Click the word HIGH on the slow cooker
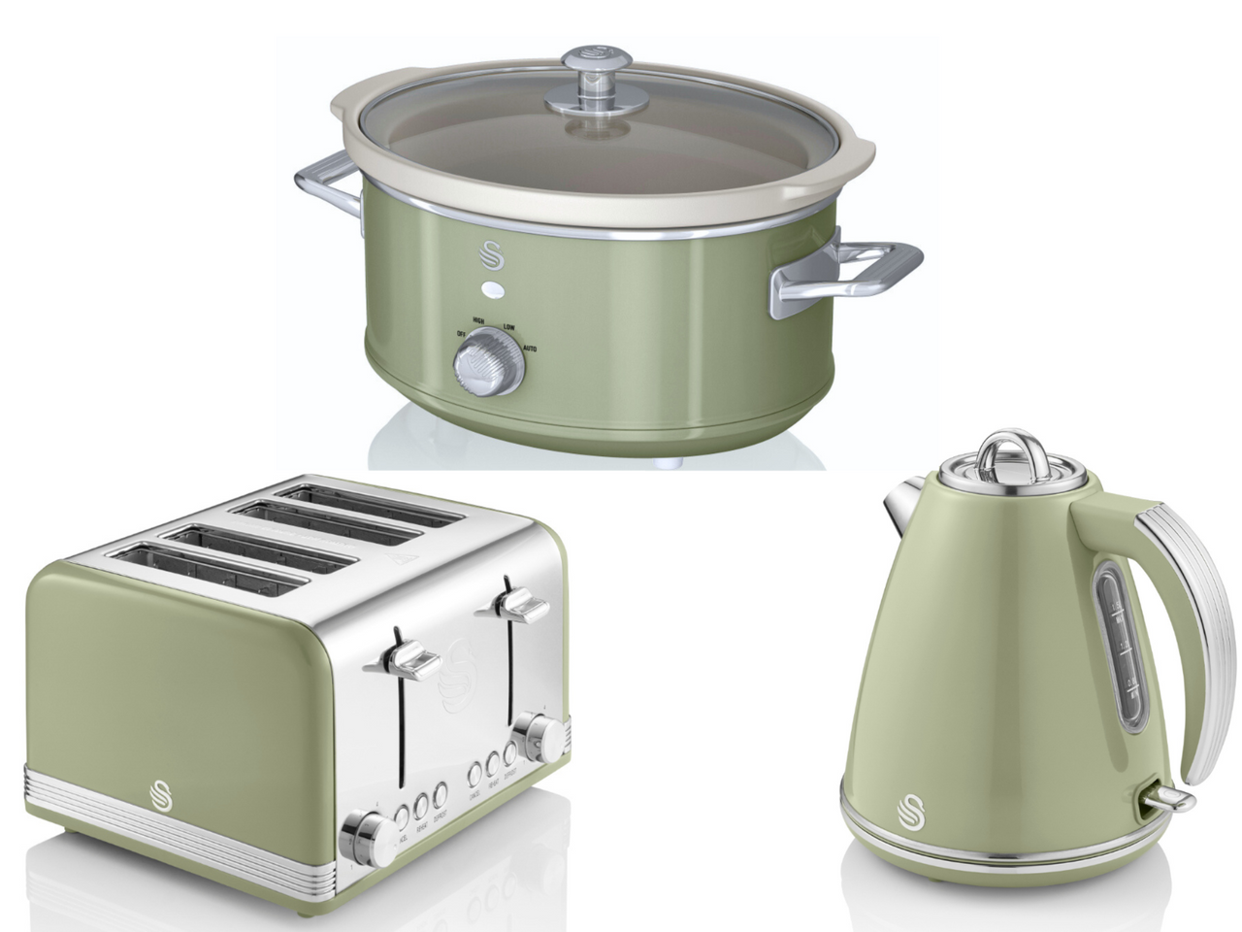(479, 321)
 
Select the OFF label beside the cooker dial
(461, 335)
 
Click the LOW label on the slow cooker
(509, 328)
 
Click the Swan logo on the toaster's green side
(161, 792)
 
